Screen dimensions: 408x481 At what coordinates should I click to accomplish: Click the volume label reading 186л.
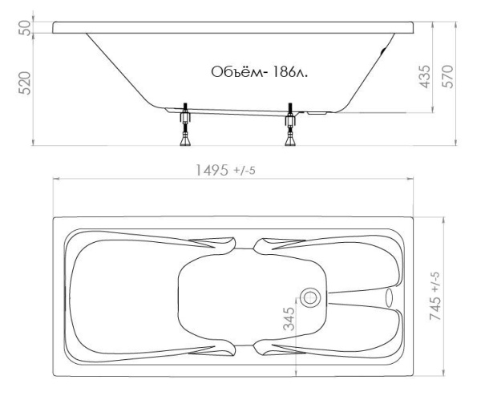click(295, 72)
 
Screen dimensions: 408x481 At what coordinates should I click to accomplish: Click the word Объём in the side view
click(234, 72)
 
